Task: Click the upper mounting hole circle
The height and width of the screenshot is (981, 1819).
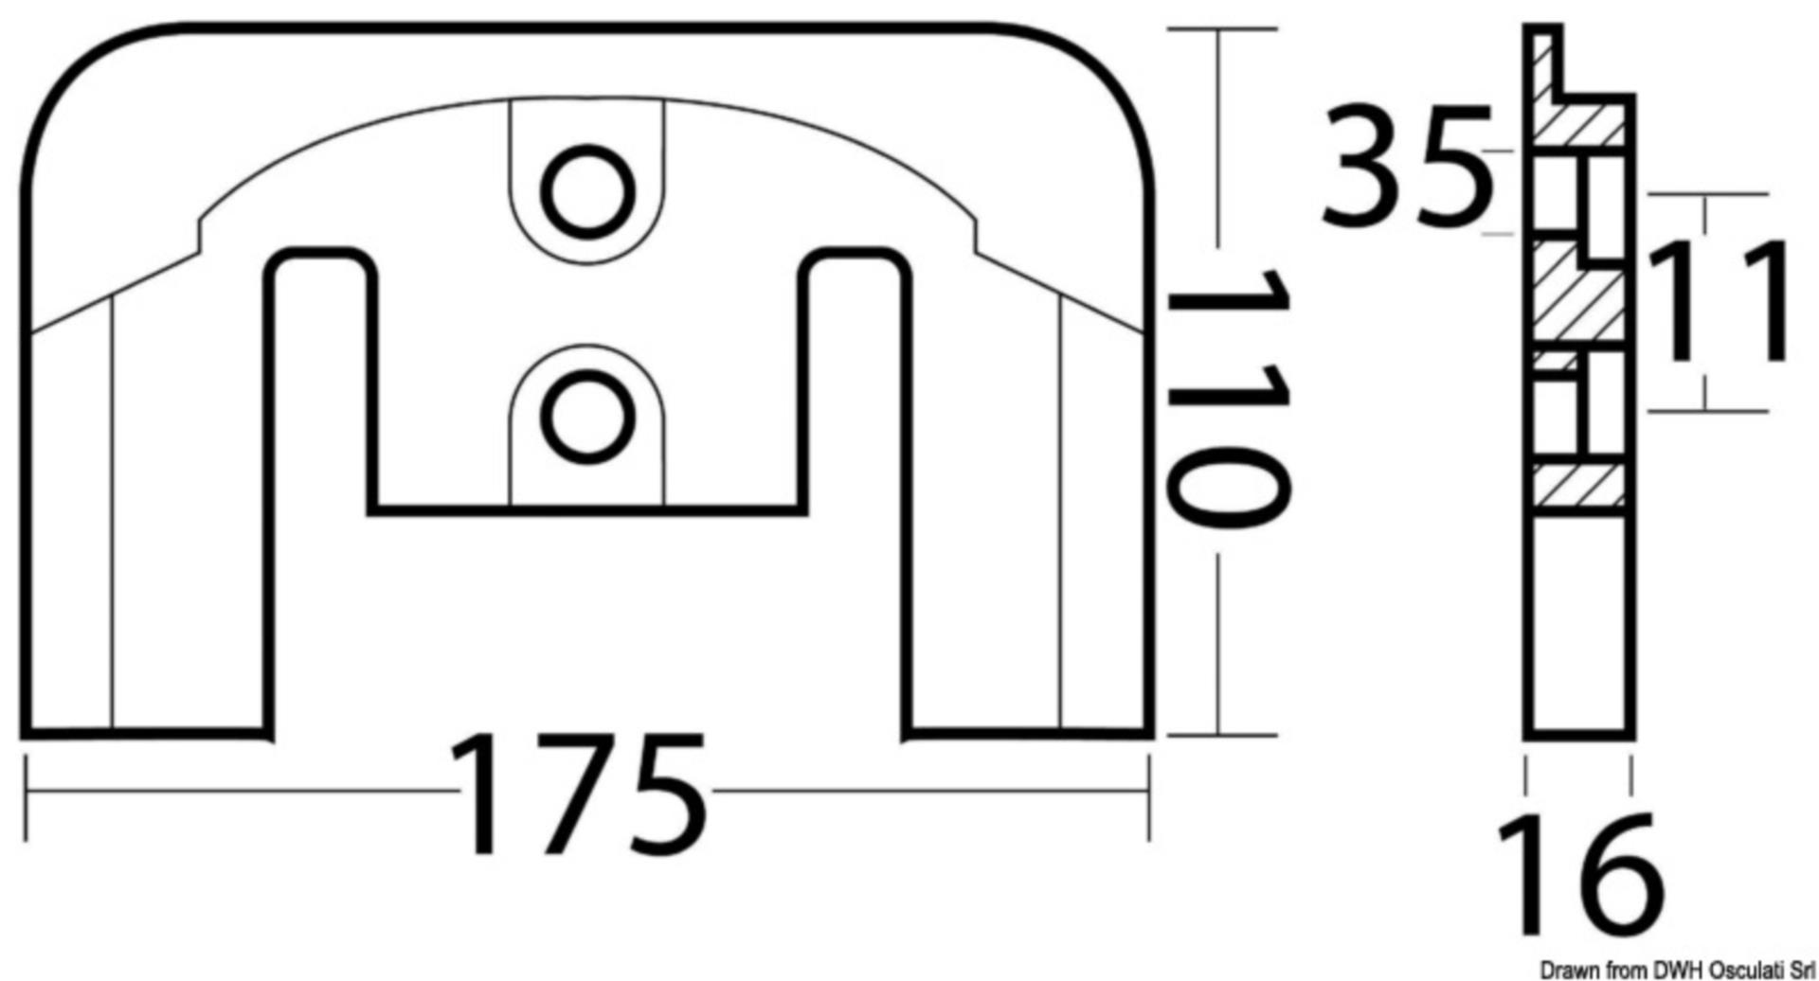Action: click(587, 192)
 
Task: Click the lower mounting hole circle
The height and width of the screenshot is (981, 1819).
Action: click(587, 418)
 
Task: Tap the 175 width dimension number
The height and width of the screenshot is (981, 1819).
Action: click(579, 795)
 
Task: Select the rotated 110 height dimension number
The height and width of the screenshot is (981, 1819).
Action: click(1226, 398)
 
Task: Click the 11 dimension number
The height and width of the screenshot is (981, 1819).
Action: click(1720, 302)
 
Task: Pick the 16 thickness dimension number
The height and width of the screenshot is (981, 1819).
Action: click(1578, 876)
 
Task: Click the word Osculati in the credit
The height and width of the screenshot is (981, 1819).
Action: click(1741, 970)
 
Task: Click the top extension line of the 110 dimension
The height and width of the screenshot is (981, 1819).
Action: click(1221, 29)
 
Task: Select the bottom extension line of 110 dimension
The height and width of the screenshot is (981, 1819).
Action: click(1221, 735)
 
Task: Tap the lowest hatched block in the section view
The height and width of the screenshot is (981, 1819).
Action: click(1577, 485)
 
